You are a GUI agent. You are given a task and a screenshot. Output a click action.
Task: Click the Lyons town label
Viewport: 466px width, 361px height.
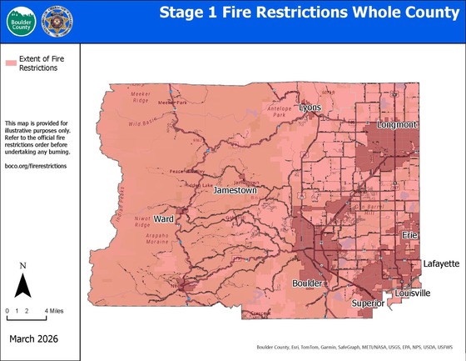310,108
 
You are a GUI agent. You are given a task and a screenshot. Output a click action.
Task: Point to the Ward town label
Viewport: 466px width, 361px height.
164,208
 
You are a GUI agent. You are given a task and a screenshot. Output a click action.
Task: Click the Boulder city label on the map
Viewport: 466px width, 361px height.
307,283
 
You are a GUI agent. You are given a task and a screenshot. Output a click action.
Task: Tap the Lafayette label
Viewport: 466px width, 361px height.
441,263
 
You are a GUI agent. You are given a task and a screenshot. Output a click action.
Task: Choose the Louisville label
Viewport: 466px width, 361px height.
413,293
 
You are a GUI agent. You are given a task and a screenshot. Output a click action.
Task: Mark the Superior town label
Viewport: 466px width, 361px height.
368,303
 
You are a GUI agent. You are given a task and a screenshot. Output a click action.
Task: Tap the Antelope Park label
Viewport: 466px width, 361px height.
275,111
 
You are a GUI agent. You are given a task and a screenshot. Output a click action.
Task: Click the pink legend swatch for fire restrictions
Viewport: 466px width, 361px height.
11,63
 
